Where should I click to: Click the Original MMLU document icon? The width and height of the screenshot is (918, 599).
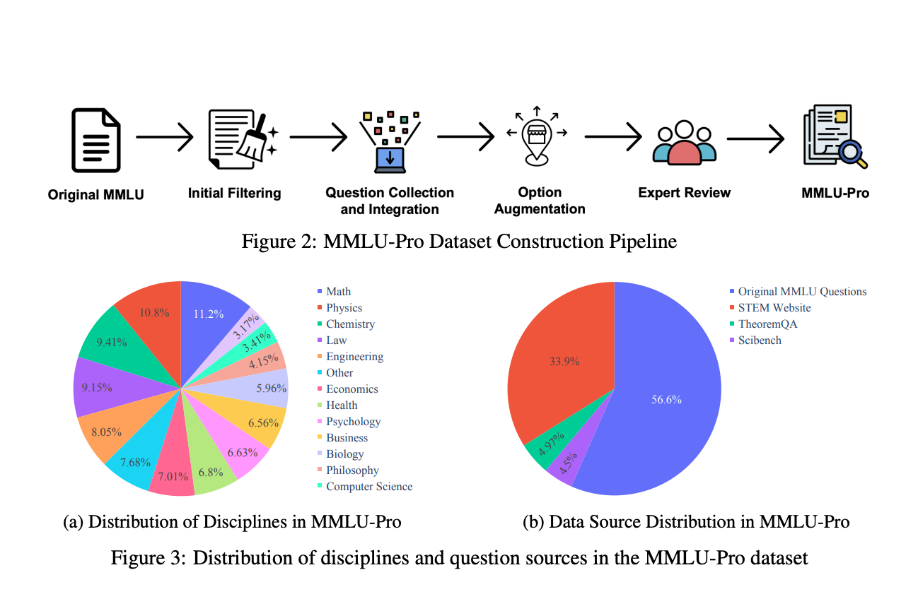point(96,140)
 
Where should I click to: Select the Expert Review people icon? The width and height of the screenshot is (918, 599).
point(684,143)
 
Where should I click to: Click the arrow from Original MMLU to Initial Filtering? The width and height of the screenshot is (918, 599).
point(164,137)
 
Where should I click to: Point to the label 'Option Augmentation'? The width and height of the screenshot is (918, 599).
point(540,201)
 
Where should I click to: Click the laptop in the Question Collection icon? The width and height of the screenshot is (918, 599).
point(390,160)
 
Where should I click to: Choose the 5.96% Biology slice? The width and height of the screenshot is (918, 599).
point(262,387)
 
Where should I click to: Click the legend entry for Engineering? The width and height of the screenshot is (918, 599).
point(350,357)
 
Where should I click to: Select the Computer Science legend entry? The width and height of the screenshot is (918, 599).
point(365,487)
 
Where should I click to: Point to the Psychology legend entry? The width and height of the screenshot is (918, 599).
point(349,422)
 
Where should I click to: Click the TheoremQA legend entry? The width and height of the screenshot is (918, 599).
point(764,324)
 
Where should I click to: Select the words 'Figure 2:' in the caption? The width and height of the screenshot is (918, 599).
point(279,241)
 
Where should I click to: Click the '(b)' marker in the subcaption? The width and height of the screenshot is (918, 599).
point(533,522)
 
